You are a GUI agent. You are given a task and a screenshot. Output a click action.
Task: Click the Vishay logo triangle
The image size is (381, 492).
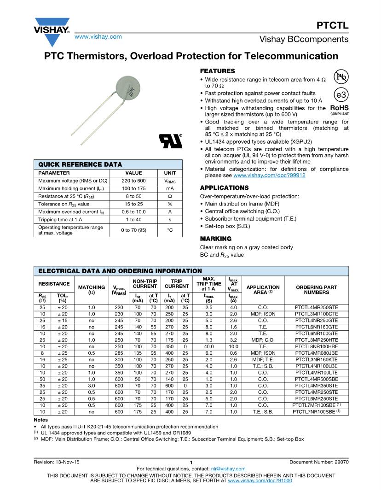tap(52, 24)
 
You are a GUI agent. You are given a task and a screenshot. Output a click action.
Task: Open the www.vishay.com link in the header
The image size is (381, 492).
tap(98, 36)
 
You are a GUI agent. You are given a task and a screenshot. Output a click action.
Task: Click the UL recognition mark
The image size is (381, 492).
tap(170, 141)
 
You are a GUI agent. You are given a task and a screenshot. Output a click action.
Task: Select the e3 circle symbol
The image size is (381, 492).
tap(341, 95)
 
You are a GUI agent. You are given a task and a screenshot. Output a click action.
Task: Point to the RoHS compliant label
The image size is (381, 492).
tap(339, 110)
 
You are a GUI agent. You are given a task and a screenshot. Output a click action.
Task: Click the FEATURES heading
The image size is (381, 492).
tap(217, 71)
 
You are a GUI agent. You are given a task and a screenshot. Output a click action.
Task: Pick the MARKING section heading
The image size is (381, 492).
tap(215, 239)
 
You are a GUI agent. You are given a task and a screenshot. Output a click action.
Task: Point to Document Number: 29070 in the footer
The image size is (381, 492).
tap(319, 462)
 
